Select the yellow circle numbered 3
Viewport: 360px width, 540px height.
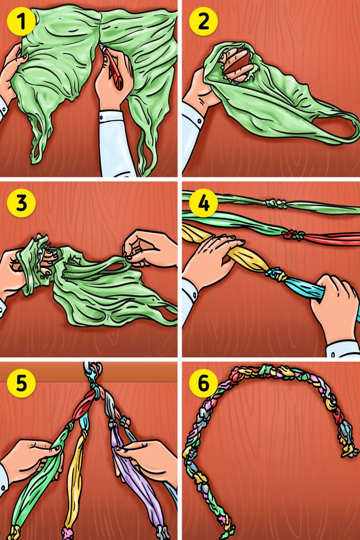coord(21,203)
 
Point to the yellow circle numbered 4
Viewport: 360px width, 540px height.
coord(203,203)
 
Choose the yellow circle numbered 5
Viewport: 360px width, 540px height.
coord(21,383)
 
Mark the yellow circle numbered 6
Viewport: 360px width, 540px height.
coord(203,383)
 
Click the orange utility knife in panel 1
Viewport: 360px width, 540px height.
coord(113,67)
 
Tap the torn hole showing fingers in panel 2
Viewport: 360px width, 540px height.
coord(238,64)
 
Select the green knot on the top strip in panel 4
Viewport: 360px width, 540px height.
coord(276,204)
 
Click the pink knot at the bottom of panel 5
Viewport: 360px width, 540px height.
coord(68,533)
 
